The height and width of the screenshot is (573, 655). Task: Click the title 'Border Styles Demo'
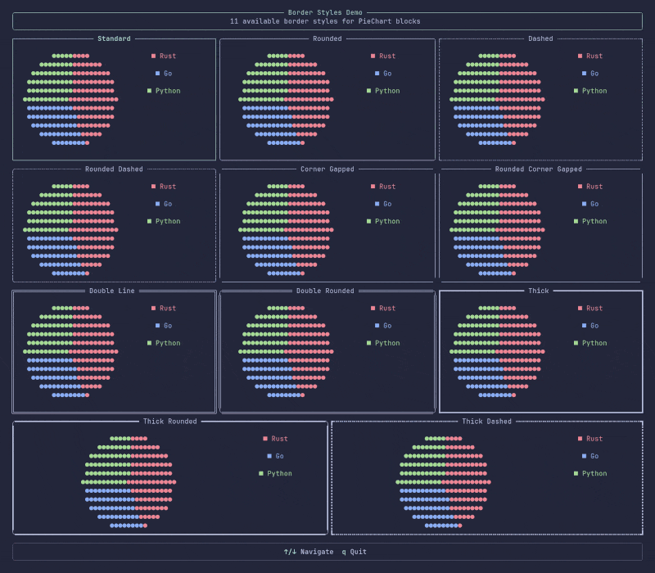[x=325, y=12]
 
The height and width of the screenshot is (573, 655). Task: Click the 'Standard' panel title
[x=114, y=38]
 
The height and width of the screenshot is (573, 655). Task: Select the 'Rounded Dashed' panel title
[x=114, y=169]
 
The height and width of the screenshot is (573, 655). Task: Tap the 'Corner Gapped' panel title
[x=327, y=169]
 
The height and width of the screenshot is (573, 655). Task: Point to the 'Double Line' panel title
[x=112, y=291]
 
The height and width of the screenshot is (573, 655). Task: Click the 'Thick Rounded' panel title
[x=169, y=422]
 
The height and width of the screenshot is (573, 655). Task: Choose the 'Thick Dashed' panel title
[x=486, y=422]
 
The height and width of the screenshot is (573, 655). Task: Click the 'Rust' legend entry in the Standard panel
[x=164, y=56]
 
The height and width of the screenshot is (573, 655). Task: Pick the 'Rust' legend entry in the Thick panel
[x=590, y=309]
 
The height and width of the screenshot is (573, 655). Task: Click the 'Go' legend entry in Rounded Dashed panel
[x=164, y=204]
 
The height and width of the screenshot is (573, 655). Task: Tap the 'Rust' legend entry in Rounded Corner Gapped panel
[x=590, y=187]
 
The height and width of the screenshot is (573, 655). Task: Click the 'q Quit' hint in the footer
[x=355, y=552]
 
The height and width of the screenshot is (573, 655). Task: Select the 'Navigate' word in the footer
[x=317, y=552]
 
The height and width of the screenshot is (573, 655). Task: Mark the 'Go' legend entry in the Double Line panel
[x=164, y=326]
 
